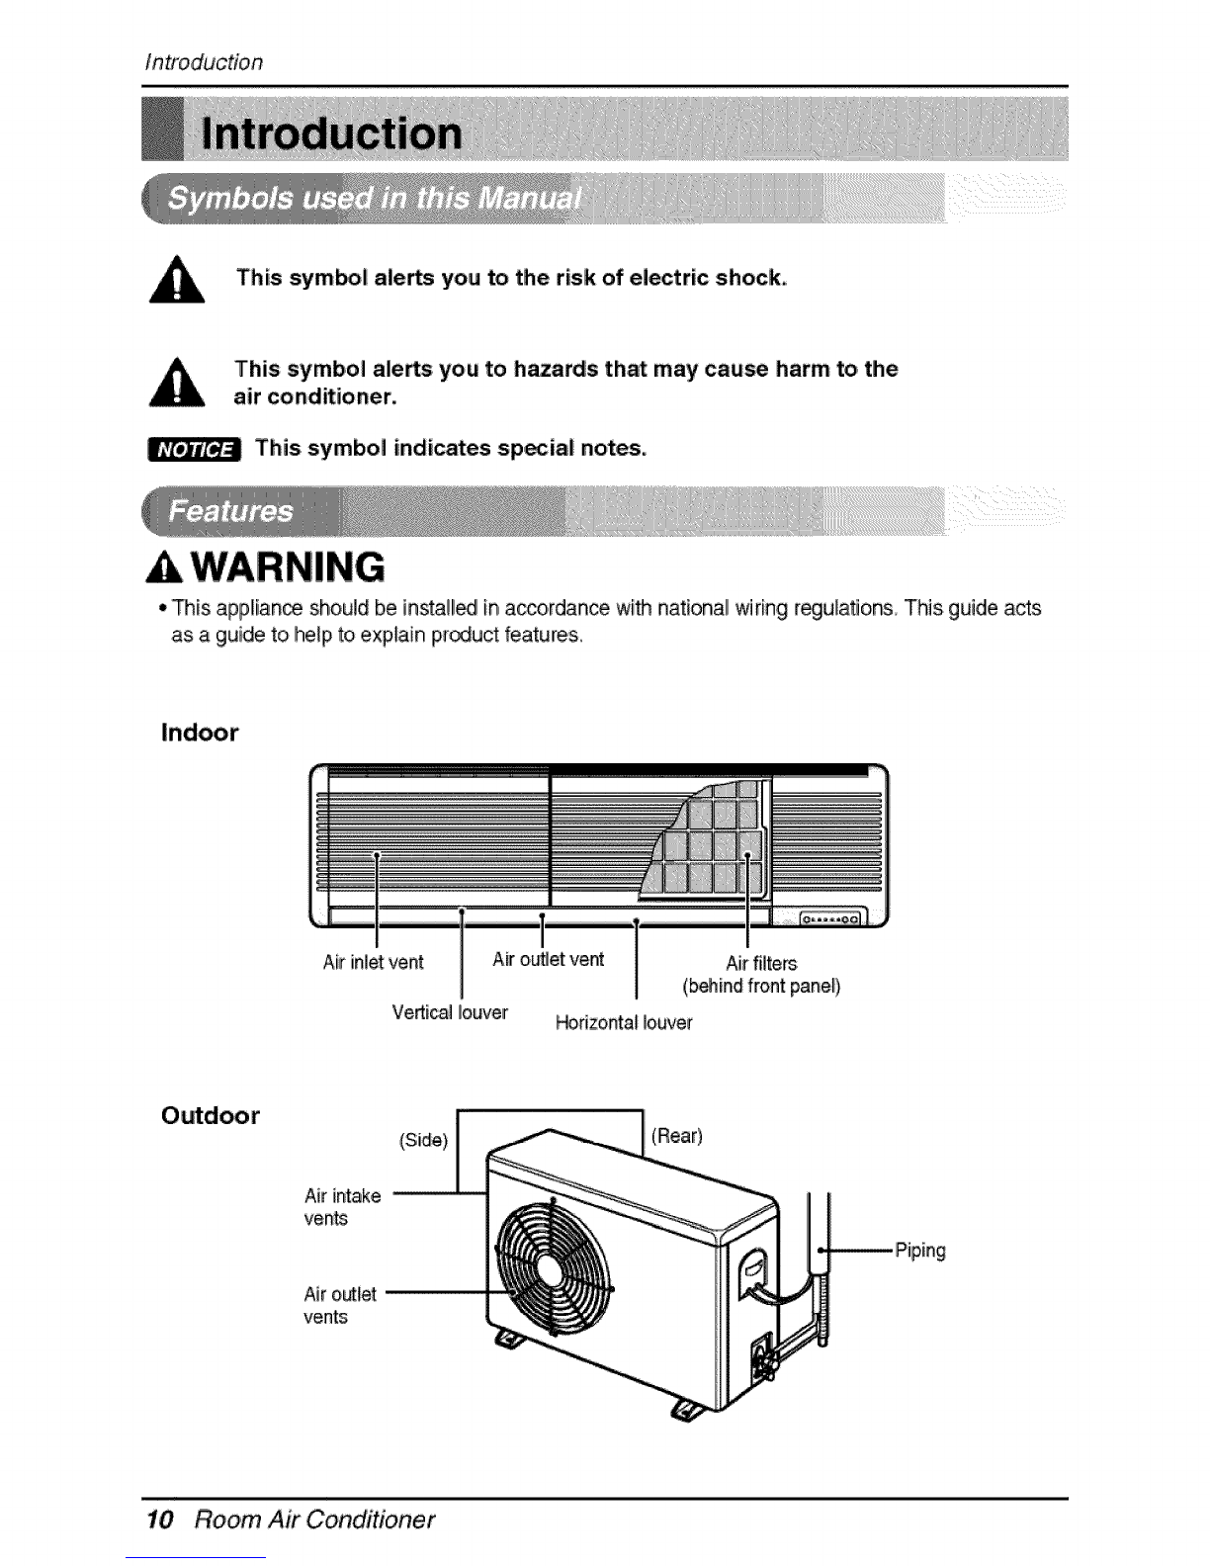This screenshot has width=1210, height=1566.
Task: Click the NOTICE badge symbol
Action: pos(194,450)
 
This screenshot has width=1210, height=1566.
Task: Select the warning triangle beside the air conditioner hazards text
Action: pos(177,383)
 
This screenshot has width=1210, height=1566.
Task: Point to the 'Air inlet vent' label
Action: pos(373,962)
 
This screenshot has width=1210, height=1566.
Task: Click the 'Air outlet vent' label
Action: pos(548,959)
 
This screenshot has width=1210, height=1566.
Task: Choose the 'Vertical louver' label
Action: pos(450,1012)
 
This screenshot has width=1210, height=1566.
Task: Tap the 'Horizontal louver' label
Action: pos(624,1022)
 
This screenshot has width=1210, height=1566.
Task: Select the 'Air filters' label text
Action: pos(761,964)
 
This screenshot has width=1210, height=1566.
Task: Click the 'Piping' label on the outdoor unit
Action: pos(920,1251)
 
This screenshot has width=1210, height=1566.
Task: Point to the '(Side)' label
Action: pos(424,1140)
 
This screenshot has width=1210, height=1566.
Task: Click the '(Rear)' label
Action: pos(677,1136)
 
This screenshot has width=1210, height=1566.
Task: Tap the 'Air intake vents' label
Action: pos(342,1207)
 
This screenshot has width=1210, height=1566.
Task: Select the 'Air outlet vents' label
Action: pos(340,1306)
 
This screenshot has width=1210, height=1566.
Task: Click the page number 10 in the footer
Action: pos(160,1520)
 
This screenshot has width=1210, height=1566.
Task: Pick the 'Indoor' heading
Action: pos(200,733)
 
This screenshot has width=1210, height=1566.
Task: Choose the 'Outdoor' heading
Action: pos(210,1115)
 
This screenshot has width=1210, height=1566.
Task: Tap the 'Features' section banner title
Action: pos(230,512)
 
